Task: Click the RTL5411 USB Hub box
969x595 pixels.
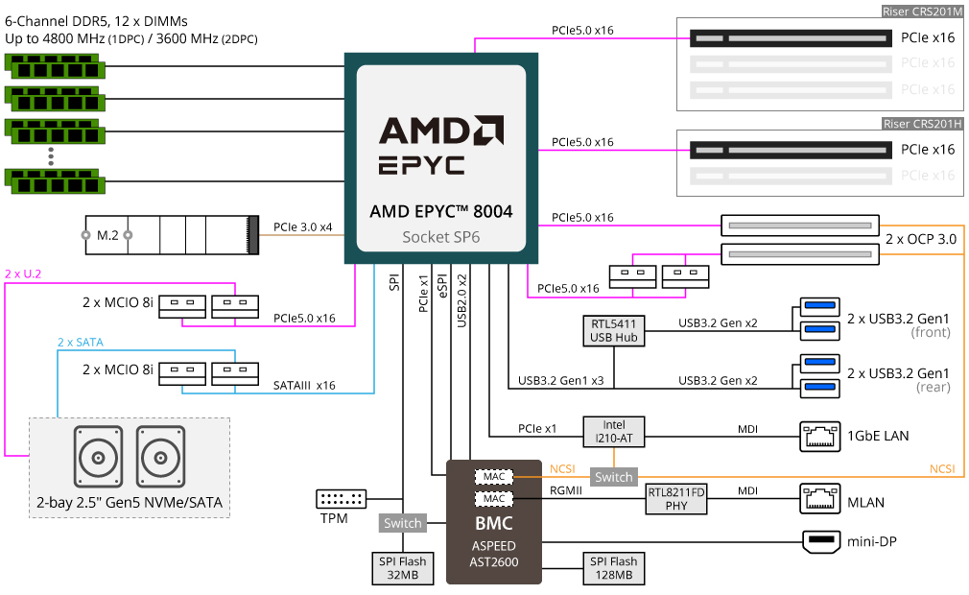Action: (614, 330)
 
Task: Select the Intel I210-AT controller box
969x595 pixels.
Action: (614, 431)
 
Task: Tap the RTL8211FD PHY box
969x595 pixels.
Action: (676, 499)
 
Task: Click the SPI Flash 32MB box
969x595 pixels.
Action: (402, 568)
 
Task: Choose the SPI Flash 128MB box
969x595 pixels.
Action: (614, 568)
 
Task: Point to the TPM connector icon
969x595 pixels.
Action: (342, 499)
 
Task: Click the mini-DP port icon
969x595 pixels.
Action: (820, 541)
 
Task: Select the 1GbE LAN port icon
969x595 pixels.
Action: (820, 437)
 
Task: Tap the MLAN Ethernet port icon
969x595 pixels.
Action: (820, 499)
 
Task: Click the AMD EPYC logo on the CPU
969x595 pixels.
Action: (441, 145)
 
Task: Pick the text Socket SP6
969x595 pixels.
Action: (440, 237)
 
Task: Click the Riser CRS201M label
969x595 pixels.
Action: (922, 12)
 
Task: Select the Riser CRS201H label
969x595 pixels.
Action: (922, 124)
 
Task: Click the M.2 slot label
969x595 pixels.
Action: (107, 235)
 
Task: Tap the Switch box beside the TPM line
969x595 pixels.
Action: (402, 523)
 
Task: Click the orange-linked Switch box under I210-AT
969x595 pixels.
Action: (614, 477)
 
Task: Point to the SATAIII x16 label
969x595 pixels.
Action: (304, 385)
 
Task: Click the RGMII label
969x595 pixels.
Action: (566, 490)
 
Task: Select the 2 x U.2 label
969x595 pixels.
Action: (23, 274)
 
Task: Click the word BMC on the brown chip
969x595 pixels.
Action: (494, 523)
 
